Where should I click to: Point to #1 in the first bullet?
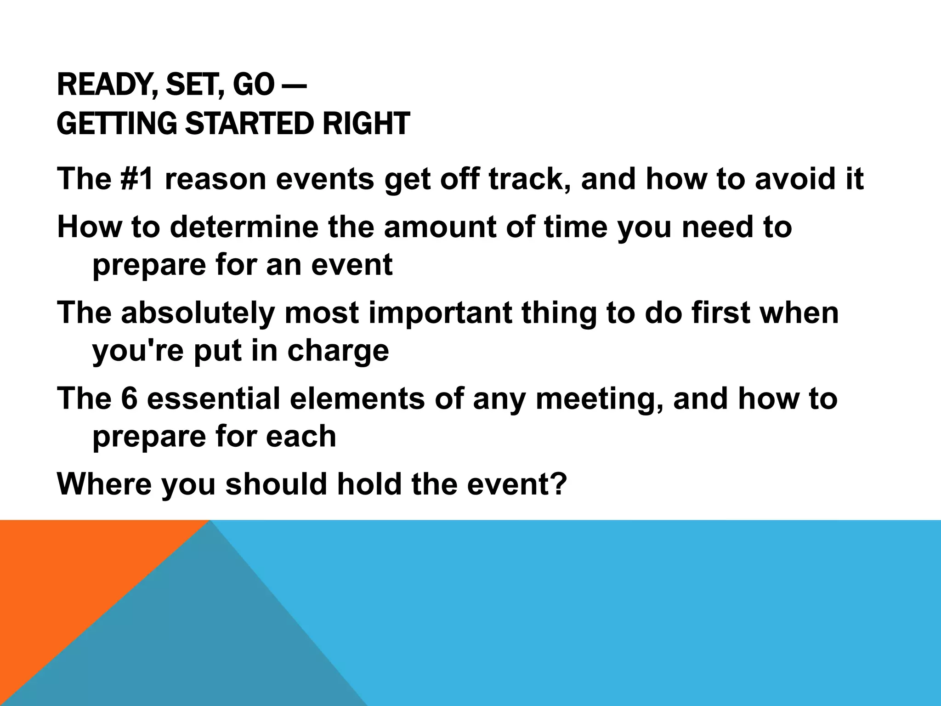136,179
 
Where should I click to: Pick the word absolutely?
198,313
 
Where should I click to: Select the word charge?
338,351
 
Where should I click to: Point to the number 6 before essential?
129,399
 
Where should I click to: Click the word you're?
138,351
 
